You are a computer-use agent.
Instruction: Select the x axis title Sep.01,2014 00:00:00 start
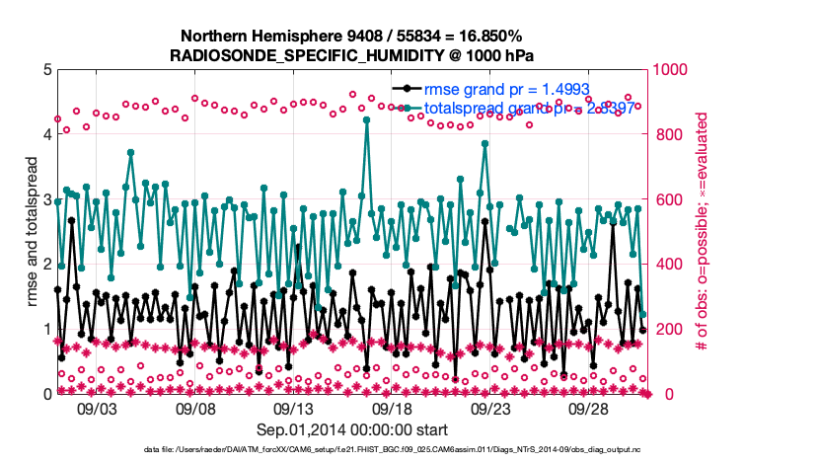click(352, 429)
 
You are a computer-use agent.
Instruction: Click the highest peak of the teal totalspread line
click(366, 119)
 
